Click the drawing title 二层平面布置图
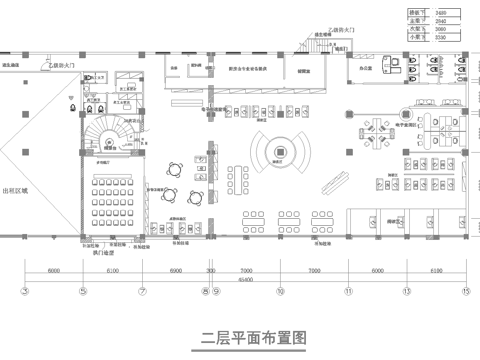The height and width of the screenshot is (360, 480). point(240,335)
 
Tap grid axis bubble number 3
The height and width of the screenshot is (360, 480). point(23,291)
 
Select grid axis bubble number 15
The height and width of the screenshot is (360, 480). point(465,291)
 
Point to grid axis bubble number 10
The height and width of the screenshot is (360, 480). point(280,291)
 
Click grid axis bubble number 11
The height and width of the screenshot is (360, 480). point(349,291)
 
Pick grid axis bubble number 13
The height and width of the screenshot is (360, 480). point(406,291)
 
